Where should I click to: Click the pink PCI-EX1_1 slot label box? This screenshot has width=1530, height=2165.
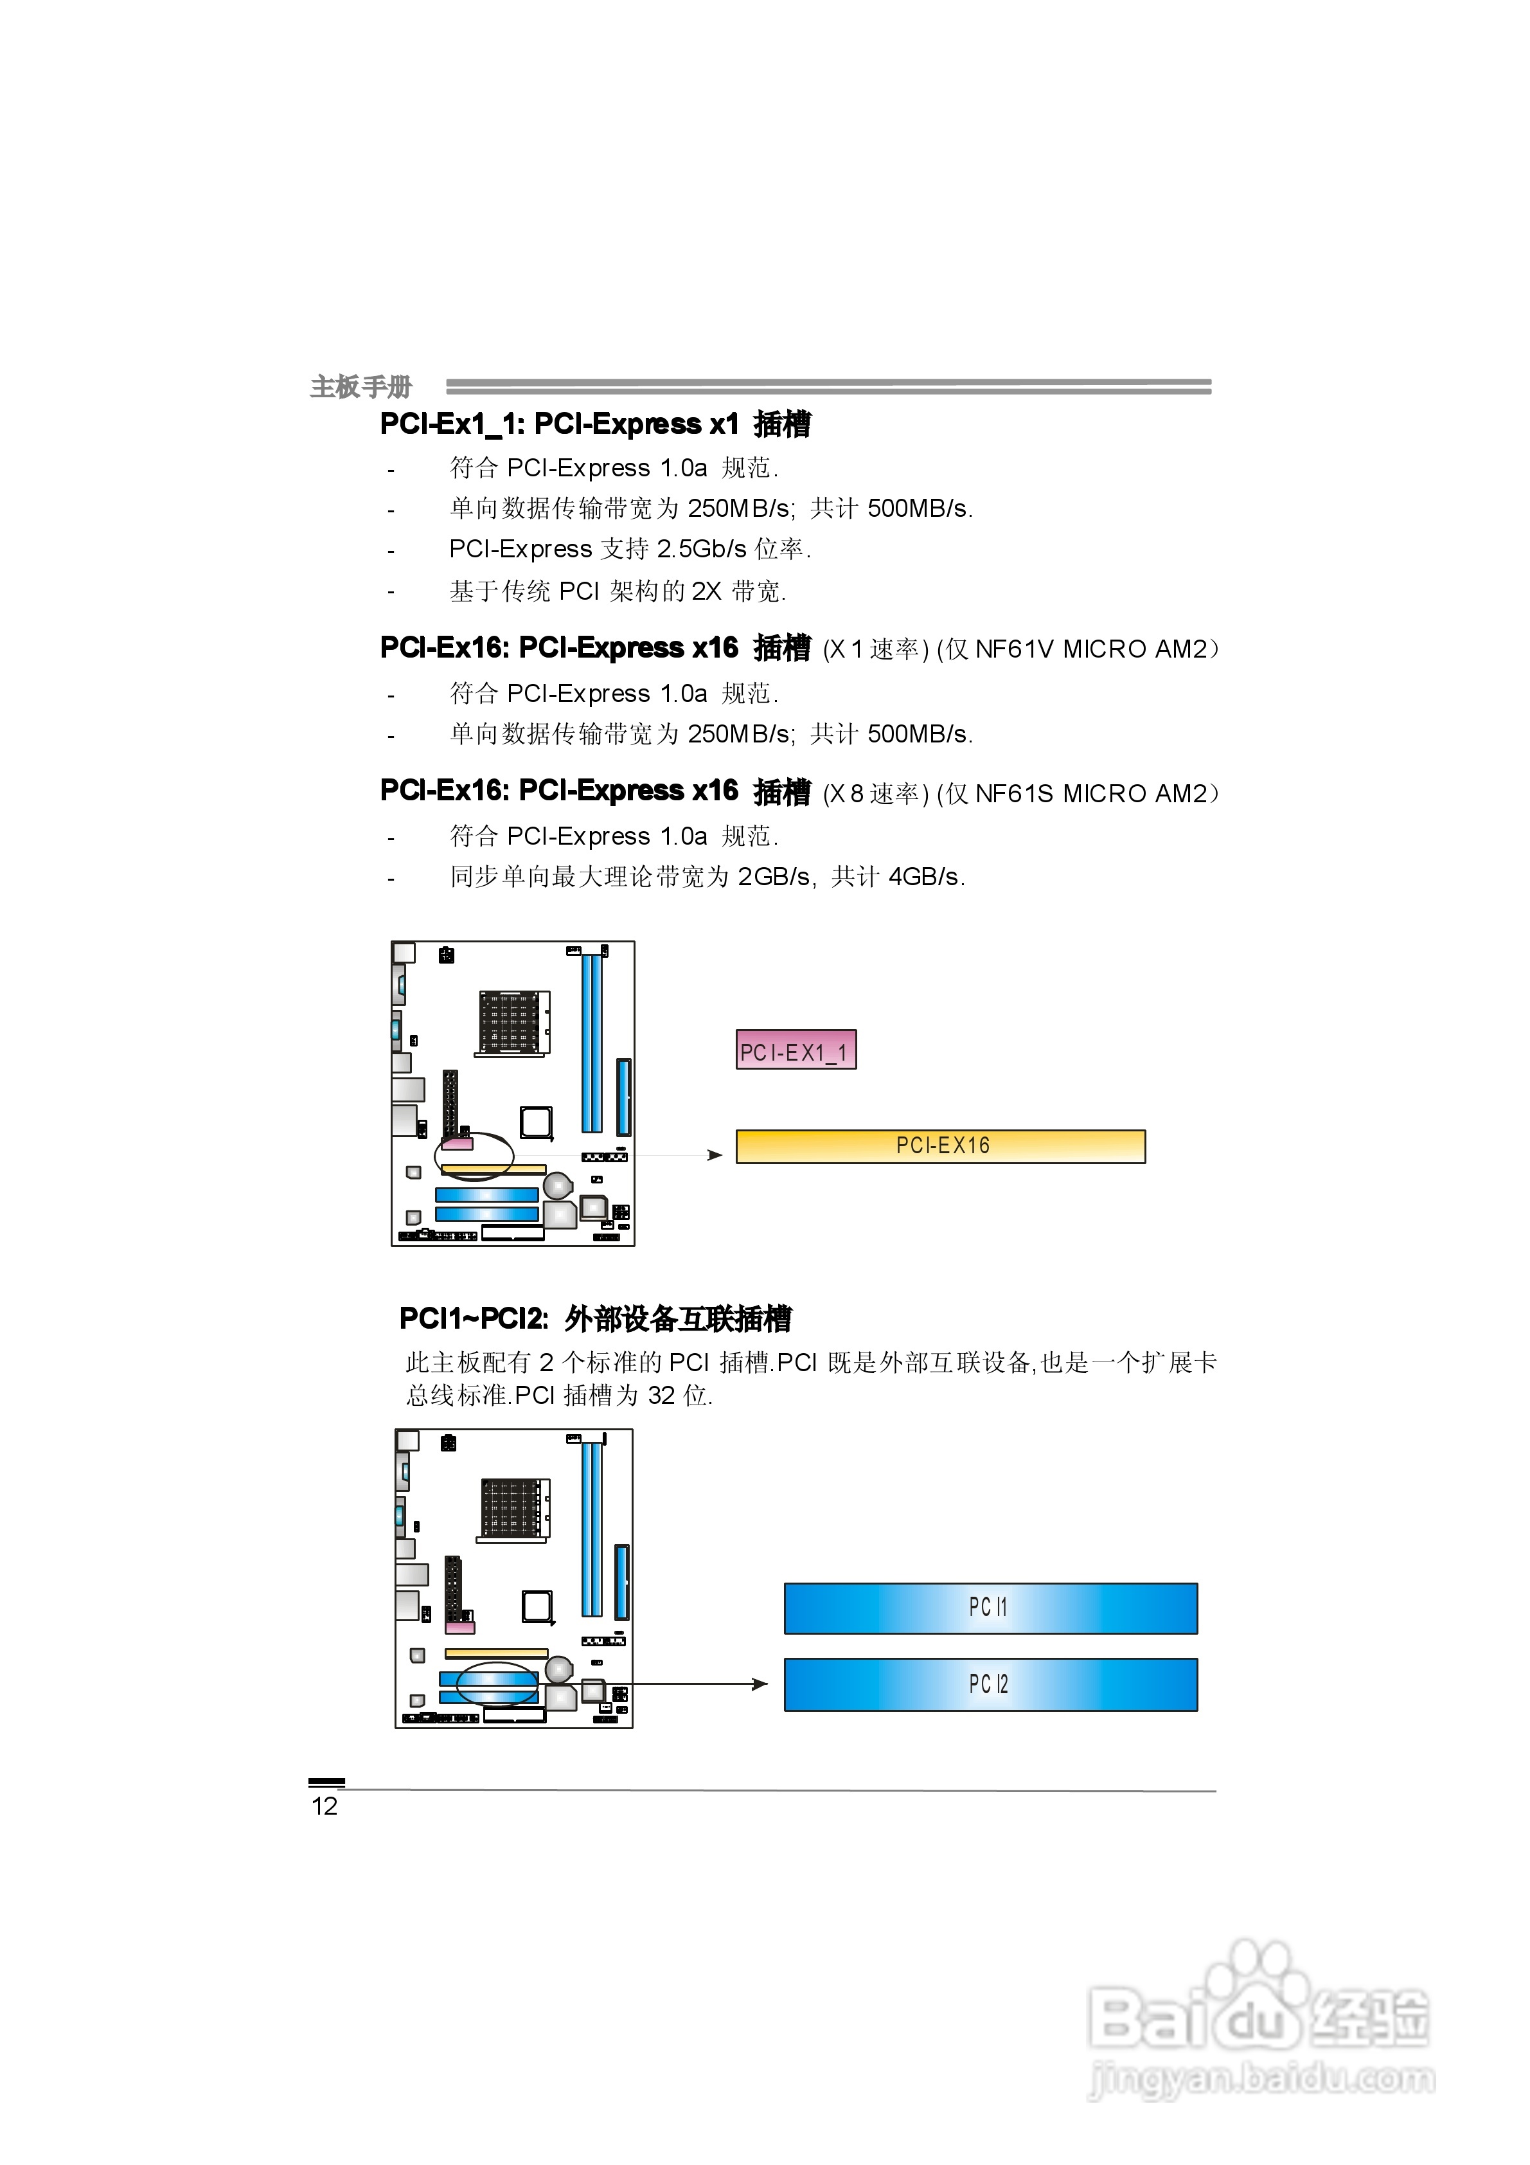(796, 1050)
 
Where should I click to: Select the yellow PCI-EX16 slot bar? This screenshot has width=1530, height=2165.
(940, 1145)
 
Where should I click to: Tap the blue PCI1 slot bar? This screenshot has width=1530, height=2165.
(990, 1608)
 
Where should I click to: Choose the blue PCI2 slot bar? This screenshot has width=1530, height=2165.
(990, 1684)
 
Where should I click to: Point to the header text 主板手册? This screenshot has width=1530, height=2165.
(361, 386)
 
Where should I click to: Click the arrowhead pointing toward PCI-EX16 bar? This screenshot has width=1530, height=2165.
(715, 1155)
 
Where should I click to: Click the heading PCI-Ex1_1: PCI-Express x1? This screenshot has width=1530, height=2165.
(559, 424)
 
